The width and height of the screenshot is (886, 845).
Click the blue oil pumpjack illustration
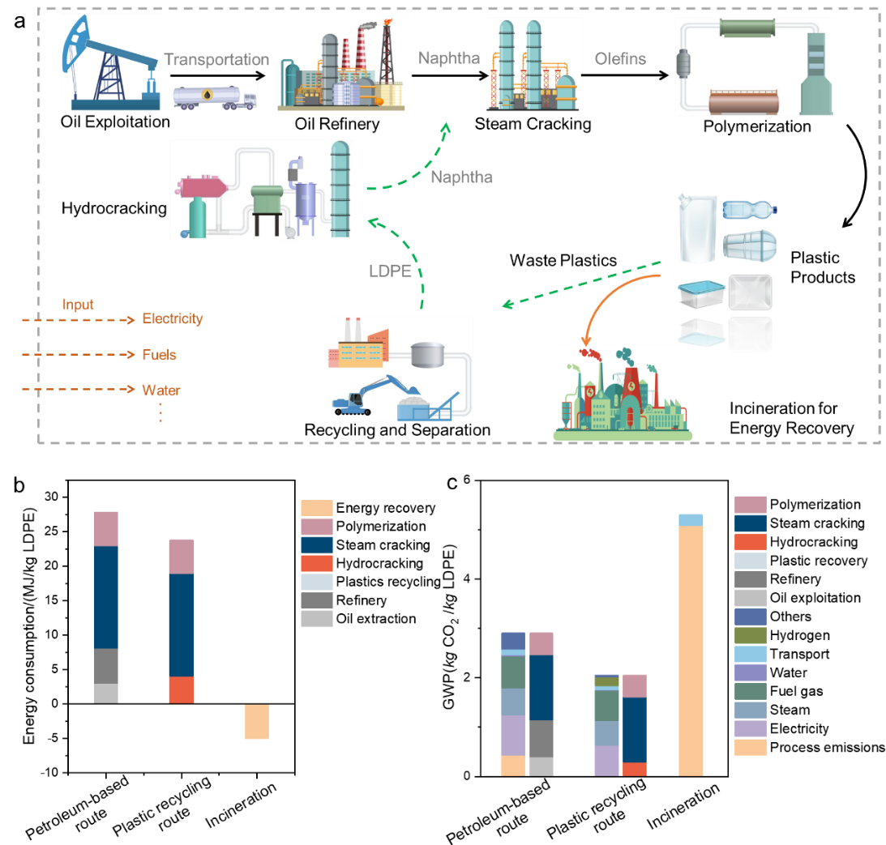(111, 63)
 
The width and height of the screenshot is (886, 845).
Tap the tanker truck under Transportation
(215, 97)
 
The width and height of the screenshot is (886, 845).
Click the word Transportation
(216, 60)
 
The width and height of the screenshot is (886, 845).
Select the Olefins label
(620, 58)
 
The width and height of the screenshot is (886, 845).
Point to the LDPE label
(391, 271)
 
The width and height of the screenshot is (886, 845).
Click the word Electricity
(173, 318)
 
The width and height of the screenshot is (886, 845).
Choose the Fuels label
(159, 355)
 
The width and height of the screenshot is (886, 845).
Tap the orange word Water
(161, 390)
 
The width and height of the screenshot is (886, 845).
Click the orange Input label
(79, 305)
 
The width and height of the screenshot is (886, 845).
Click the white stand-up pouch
(696, 230)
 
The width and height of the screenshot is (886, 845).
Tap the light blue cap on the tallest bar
(691, 520)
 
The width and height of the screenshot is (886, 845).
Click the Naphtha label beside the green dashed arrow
(461, 177)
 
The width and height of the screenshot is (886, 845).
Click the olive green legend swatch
(751, 635)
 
